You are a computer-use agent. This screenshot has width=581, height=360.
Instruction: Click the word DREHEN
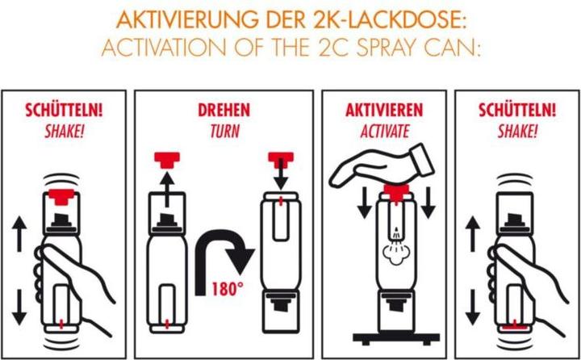224,110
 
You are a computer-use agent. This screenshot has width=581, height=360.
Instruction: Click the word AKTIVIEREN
384,110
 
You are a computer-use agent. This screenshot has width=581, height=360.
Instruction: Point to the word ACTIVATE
385,132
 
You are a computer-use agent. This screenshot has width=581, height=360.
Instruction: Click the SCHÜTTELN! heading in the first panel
64,110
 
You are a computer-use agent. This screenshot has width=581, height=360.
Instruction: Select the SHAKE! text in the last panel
517,132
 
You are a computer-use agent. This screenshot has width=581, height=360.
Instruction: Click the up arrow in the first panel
19,234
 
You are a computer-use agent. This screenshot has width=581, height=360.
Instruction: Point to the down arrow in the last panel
472,308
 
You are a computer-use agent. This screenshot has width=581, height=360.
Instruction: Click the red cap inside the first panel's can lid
62,196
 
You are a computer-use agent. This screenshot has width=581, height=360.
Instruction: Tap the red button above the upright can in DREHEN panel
167,160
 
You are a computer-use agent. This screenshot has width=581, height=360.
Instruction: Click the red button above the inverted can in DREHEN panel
281,158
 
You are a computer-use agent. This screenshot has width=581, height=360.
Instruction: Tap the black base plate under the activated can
395,338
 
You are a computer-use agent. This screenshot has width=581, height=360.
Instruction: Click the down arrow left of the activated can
364,203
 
